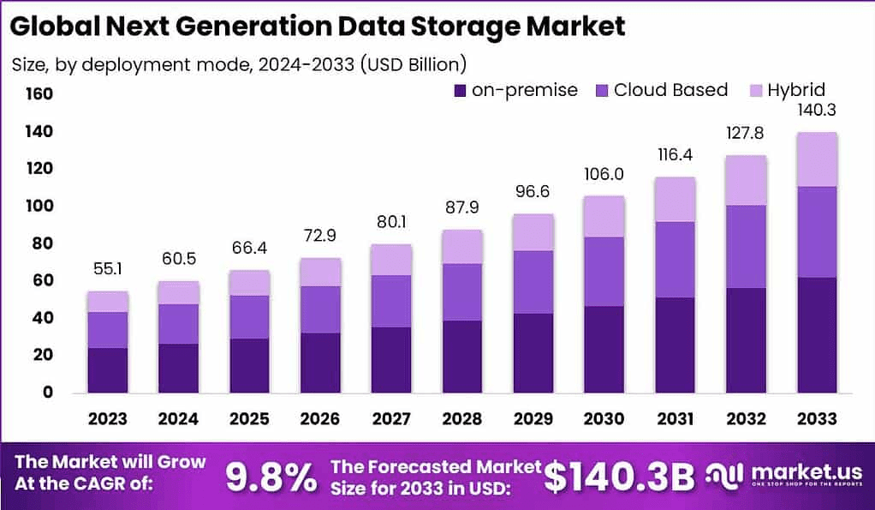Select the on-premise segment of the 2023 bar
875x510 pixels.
pos(108,369)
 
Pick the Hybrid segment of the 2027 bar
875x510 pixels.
pos(390,260)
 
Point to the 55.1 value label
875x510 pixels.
pos(108,269)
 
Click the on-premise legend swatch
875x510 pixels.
pos(460,90)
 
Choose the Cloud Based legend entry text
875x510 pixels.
pos(670,90)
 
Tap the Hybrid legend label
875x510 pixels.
pos(795,90)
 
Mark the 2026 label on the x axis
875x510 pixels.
pos(319,418)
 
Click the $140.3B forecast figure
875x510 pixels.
pos(618,477)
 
